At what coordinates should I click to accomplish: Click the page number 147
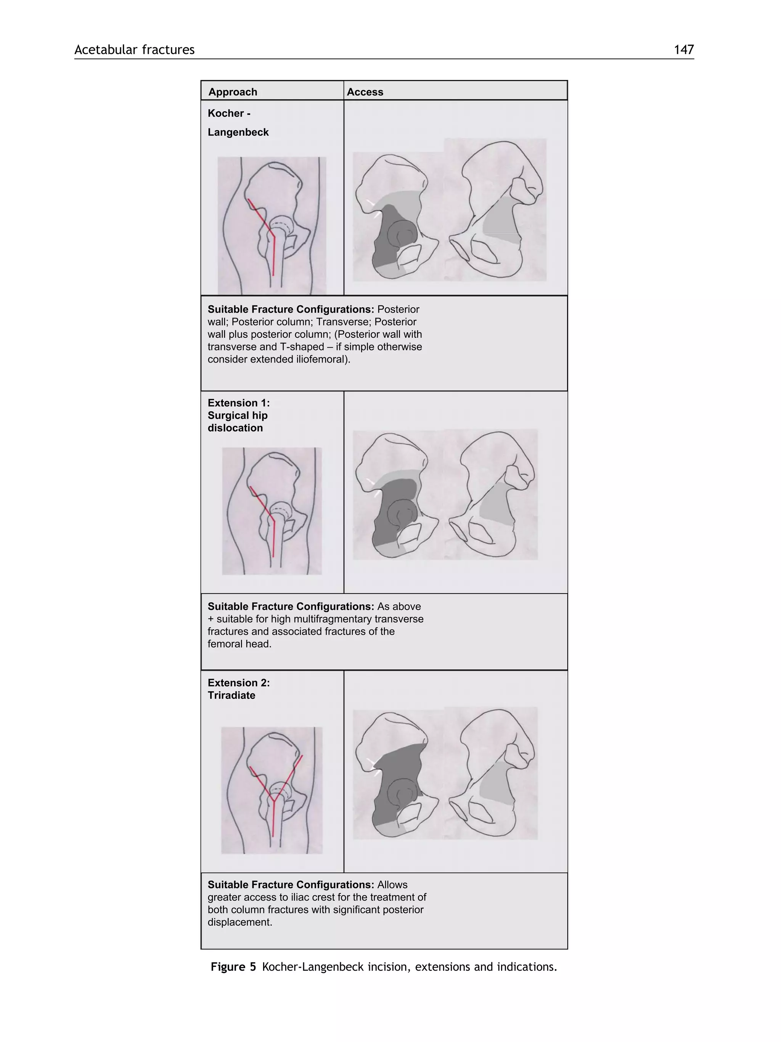(683, 50)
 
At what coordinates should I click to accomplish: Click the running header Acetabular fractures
(134, 50)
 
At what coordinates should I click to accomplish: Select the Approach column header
(233, 92)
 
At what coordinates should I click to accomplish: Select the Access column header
(365, 92)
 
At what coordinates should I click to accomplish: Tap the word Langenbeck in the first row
(238, 132)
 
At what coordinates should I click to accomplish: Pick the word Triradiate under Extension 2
(231, 695)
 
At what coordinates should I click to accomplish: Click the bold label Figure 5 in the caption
(233, 967)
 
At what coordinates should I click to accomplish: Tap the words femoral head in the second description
(239, 644)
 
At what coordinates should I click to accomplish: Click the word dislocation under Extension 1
(235, 428)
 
